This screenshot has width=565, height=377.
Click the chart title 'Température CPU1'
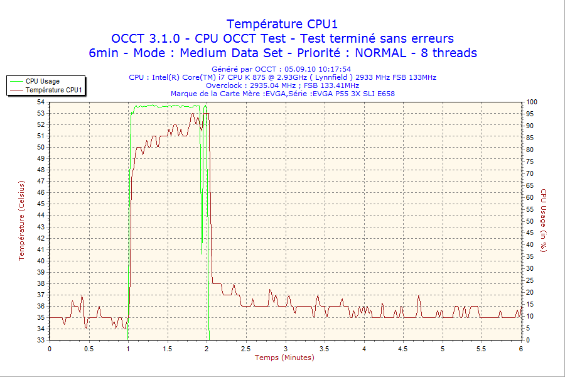pyautogui.click(x=282, y=24)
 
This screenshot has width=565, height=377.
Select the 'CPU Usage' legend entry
pyautogui.click(x=43, y=81)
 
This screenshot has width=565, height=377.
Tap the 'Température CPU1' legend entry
pyautogui.click(x=53, y=90)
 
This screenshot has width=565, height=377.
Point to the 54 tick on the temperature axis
pyautogui.click(x=41, y=102)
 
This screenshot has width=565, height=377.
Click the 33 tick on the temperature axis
pyautogui.click(x=41, y=340)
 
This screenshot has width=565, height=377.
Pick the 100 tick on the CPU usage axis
pyautogui.click(x=531, y=102)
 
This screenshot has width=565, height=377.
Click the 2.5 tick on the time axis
pyautogui.click(x=246, y=348)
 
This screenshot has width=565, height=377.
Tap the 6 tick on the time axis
pyautogui.click(x=521, y=348)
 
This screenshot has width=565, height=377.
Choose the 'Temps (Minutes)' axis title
pyautogui.click(x=284, y=358)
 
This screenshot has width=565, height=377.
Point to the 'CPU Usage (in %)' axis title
pyautogui.click(x=544, y=221)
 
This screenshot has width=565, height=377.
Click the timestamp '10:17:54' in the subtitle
pyautogui.click(x=332, y=69)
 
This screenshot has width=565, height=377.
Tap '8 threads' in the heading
pyautogui.click(x=448, y=53)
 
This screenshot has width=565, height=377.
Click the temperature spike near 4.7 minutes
pyautogui.click(x=419, y=296)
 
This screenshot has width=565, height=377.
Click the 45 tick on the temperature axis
pyautogui.click(x=41, y=204)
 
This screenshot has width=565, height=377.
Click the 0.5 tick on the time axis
pyautogui.click(x=89, y=348)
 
